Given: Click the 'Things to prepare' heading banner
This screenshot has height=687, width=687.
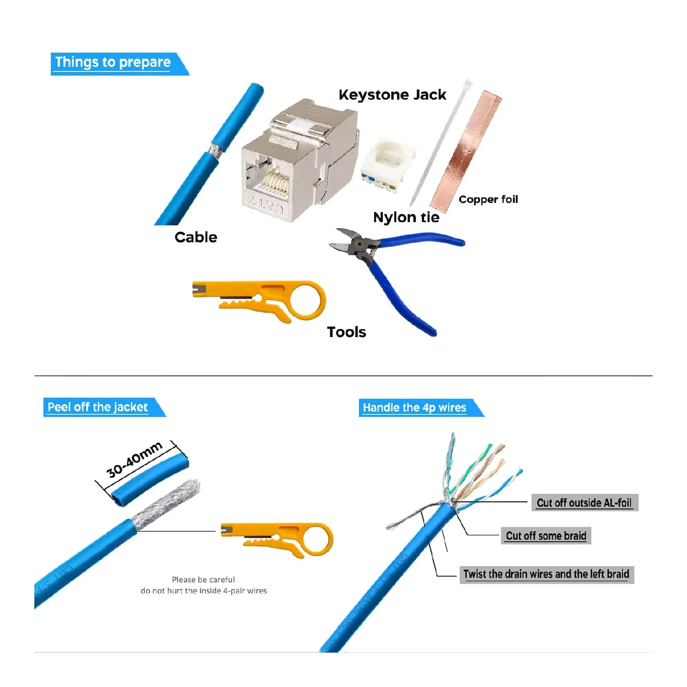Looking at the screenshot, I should [113, 63].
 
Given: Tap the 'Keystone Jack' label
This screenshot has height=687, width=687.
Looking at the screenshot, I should [392, 95].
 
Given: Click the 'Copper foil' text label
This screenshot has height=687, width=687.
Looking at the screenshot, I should [488, 199].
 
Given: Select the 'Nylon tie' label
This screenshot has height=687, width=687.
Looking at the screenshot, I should [406, 218].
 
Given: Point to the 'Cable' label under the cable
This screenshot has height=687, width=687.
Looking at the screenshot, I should [196, 237].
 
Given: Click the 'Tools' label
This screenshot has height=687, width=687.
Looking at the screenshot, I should [346, 332].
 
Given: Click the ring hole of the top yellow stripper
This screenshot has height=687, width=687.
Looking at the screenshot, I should [306, 301].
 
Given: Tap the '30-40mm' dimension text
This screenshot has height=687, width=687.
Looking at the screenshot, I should [134, 459].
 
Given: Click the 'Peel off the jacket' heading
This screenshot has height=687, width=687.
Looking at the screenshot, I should [98, 407].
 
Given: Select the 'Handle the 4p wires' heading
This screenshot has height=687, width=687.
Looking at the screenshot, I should [414, 408].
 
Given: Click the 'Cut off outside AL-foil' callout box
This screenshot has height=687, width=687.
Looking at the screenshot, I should [584, 503].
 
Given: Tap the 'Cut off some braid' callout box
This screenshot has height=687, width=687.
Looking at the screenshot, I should [546, 536].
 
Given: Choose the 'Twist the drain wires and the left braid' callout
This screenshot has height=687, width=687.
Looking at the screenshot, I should [546, 574].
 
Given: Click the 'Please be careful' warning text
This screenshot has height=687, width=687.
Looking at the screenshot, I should [203, 580].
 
